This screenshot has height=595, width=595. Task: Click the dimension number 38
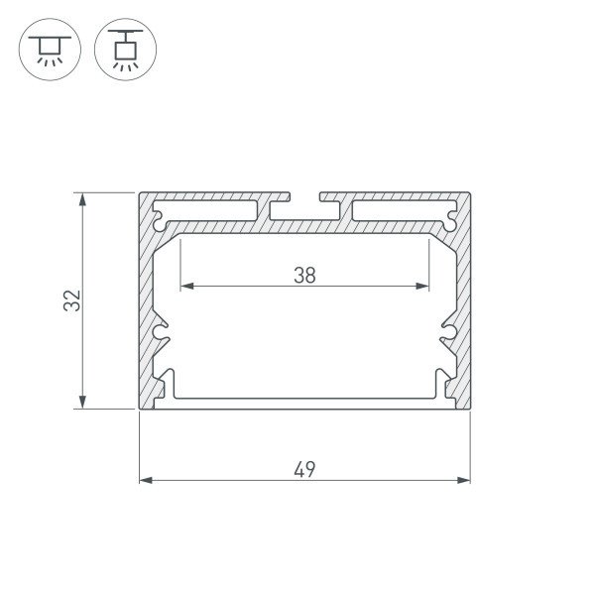click(304, 276)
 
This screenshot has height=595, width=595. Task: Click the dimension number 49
click(304, 469)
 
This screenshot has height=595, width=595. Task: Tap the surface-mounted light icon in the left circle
click(47, 47)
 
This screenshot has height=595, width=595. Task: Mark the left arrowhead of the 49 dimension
click(145, 480)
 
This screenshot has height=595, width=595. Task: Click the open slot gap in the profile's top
click(304, 196)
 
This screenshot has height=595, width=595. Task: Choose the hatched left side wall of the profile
click(148, 297)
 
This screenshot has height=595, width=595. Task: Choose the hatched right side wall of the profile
click(461, 297)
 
